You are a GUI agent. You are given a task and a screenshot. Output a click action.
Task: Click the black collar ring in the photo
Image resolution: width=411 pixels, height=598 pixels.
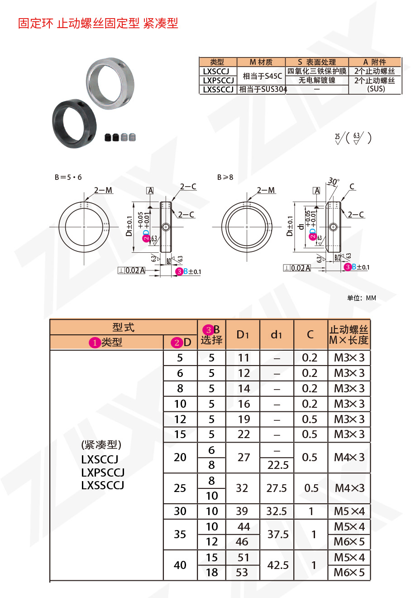(x=75, y=122)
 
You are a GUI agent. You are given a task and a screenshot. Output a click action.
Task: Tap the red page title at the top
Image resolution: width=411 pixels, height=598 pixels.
(x=98, y=23)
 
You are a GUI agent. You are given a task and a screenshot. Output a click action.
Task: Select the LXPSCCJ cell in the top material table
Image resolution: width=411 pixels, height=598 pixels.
(x=218, y=81)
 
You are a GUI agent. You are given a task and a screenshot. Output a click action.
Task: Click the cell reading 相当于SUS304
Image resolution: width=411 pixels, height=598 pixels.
(x=263, y=90)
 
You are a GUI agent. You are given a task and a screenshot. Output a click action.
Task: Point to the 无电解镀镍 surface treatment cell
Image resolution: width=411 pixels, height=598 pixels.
(x=317, y=80)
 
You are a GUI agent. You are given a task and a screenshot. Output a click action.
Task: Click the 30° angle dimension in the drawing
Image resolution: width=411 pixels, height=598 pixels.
(x=334, y=181)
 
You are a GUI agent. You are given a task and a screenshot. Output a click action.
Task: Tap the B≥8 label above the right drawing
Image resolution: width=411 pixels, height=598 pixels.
(x=225, y=177)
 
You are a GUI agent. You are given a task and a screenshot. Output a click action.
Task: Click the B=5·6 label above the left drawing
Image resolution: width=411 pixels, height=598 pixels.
(x=68, y=177)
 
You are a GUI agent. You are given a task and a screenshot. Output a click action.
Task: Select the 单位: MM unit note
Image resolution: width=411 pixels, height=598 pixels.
(x=361, y=298)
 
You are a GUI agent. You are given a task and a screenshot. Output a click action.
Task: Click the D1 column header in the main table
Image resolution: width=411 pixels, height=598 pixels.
(x=243, y=335)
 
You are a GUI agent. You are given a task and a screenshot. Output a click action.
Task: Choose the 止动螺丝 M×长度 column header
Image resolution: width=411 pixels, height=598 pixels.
(x=349, y=335)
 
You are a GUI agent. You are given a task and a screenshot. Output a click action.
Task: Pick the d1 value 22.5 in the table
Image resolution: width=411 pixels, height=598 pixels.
(x=277, y=465)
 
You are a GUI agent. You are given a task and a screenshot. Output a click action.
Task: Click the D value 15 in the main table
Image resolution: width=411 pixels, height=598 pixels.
(x=180, y=434)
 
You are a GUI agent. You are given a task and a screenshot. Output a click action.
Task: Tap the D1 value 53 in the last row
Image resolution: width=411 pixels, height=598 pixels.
(x=242, y=573)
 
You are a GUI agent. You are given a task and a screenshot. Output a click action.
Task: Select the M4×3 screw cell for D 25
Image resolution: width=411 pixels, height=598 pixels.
(x=349, y=488)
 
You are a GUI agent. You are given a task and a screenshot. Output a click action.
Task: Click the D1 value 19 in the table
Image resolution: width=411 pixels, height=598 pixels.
(x=243, y=419)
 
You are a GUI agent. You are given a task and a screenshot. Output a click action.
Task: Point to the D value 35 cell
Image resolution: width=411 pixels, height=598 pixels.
(x=180, y=534)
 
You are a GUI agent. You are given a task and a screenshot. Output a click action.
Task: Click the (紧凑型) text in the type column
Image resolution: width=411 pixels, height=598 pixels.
(x=101, y=445)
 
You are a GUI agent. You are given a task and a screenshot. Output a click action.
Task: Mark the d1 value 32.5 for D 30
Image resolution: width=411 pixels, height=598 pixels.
(x=277, y=511)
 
